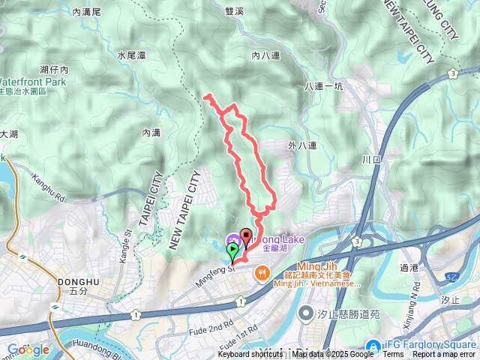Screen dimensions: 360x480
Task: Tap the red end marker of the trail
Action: click(x=246, y=235)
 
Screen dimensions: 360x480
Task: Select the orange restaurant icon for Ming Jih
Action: click(x=262, y=274)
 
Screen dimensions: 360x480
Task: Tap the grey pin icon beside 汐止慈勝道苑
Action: click(x=306, y=312)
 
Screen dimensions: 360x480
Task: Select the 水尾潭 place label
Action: click(x=130, y=55)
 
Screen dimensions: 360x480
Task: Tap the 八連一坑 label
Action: click(x=324, y=87)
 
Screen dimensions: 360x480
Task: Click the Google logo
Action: click(x=28, y=349)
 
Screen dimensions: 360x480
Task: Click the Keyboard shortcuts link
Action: click(x=250, y=355)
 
